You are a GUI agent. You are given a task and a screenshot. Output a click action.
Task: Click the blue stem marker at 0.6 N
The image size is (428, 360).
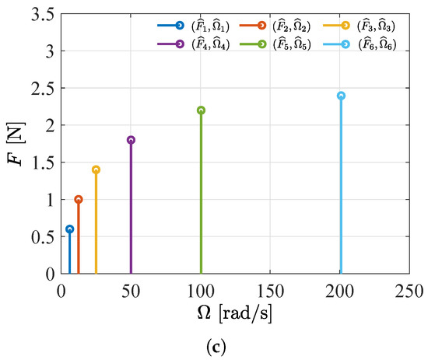(x=69, y=229)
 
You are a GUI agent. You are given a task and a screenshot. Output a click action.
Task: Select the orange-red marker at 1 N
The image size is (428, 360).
(x=78, y=199)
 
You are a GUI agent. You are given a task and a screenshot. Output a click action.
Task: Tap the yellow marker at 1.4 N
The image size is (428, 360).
(x=96, y=170)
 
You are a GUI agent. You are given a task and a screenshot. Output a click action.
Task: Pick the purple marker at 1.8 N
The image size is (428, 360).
(x=131, y=140)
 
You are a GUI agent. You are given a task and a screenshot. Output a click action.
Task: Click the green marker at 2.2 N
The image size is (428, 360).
(x=201, y=110)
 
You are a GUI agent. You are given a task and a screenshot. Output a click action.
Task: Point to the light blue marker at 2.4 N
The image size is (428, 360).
(x=341, y=96)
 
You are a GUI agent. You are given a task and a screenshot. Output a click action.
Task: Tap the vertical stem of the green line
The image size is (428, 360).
(x=201, y=194)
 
